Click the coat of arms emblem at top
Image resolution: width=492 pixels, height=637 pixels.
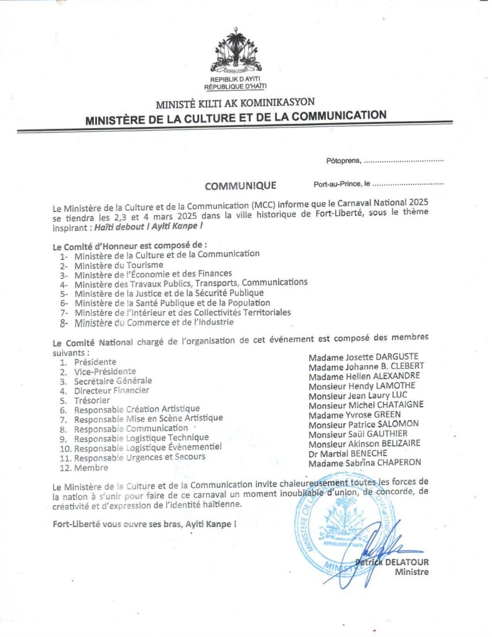click(236, 50)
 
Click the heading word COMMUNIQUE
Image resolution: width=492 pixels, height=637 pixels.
click(240, 185)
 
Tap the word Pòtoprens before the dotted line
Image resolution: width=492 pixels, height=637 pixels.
click(343, 161)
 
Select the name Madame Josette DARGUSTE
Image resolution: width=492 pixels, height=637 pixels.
click(363, 357)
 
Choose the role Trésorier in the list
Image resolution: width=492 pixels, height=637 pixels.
click(92, 401)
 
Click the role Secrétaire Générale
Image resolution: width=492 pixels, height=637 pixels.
click(113, 381)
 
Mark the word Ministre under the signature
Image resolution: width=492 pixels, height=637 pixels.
click(411, 572)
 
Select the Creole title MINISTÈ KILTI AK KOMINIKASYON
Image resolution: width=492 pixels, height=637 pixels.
click(235, 103)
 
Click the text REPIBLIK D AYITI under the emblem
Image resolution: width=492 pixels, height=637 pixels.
click(234, 80)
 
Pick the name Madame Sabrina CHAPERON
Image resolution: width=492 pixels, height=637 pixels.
click(364, 463)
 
